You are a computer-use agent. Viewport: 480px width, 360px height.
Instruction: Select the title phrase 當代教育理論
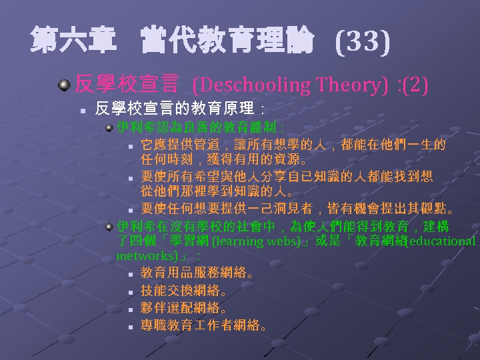227,43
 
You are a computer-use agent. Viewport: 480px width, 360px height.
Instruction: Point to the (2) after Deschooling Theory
414,85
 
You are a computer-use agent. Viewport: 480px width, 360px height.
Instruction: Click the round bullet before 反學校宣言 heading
64,85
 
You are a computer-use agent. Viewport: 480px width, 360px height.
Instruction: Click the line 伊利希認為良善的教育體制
200,127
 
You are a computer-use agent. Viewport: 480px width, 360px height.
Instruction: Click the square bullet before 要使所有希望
131,178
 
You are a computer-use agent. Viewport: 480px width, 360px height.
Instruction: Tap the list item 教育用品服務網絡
197,273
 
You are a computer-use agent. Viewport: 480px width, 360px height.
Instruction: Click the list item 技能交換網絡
184,291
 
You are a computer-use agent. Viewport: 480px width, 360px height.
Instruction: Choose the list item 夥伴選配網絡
184,309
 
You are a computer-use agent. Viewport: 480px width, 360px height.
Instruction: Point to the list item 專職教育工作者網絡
204,327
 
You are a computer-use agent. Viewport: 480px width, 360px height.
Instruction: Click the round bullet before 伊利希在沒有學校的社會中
109,227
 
